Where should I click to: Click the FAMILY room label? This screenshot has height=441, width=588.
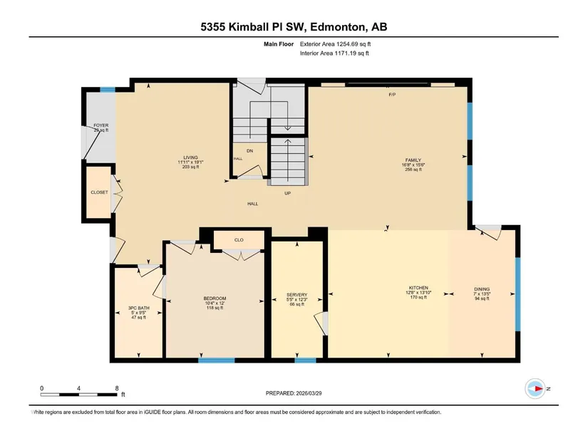413,160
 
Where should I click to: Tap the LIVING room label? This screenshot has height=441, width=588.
190,157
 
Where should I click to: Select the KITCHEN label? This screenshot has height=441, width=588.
418,288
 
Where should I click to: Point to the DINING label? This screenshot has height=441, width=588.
482,289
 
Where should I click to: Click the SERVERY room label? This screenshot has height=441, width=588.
297,295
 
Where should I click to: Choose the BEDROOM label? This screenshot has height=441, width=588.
215,299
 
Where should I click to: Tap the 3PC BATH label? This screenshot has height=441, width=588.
138,308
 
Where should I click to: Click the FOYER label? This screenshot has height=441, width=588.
101,125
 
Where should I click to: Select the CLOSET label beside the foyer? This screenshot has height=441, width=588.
99,192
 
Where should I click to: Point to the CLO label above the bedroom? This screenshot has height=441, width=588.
239,240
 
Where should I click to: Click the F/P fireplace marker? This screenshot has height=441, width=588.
392,95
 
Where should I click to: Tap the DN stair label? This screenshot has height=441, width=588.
249,151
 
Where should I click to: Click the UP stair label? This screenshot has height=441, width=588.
288,194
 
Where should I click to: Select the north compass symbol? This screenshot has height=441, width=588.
535,388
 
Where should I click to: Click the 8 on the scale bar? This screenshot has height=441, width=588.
117,388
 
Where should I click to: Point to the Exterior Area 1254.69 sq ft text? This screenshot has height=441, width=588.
335,44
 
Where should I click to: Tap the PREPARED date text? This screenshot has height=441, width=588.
294,393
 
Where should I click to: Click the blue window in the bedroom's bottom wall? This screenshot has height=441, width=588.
217,360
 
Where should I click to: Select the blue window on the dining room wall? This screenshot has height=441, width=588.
517,294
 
